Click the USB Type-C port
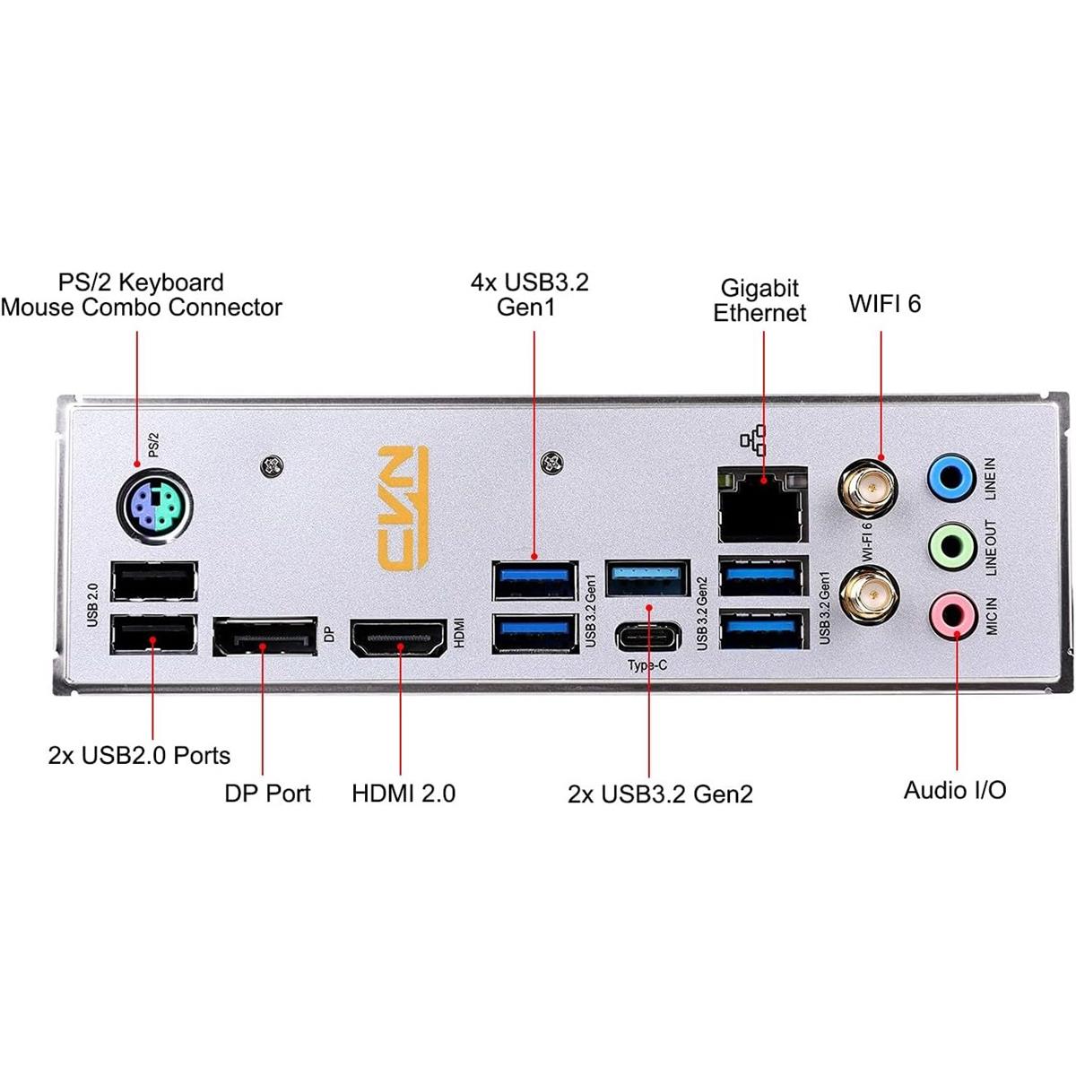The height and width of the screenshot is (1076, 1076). pos(648,638)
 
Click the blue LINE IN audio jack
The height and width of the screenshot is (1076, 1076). pos(950,476)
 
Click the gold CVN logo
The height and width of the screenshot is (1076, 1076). pos(403,504)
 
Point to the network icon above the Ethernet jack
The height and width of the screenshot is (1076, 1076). pos(753,439)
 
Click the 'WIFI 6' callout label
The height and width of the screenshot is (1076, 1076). pos(884,303)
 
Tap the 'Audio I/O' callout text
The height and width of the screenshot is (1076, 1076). pos(954,790)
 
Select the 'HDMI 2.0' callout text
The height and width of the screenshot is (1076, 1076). pos(403,793)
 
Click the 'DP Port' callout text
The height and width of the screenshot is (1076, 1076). pos(267,793)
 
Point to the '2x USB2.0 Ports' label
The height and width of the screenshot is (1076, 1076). pos(139,755)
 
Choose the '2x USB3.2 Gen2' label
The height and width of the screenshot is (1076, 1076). pos(660,794)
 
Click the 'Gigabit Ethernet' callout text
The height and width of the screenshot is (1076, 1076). pos(759,300)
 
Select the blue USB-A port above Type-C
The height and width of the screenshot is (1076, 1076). pos(647,577)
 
